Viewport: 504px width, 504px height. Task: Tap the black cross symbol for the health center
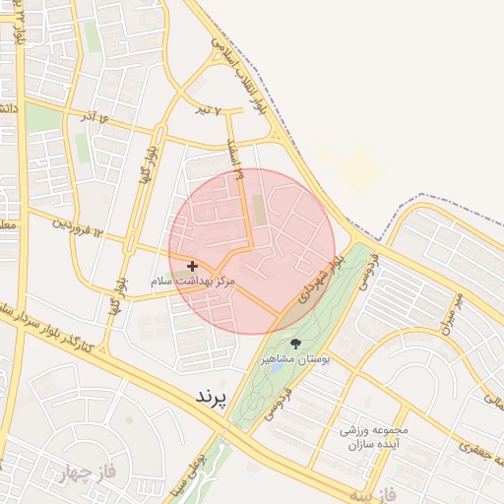tap(192, 266)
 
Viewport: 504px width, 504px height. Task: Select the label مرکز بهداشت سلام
tap(194, 282)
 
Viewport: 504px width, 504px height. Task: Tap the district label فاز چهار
tap(94, 471)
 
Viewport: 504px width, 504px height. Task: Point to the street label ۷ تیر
tap(228, 111)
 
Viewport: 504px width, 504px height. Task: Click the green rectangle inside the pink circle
tap(260, 209)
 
